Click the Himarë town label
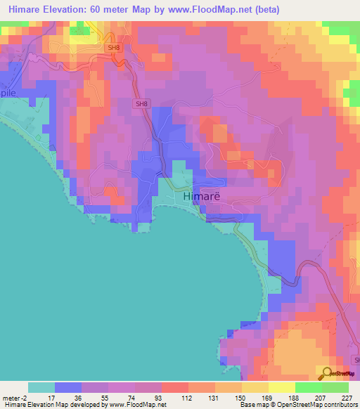pyautogui.click(x=202, y=197)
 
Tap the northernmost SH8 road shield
pyautogui.click(x=114, y=47)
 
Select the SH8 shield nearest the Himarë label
pyautogui.click(x=141, y=104)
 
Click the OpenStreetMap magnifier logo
pyautogui.click(x=328, y=372)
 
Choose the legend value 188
pyautogui.click(x=295, y=397)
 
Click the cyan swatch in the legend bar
pyautogui.click(x=41, y=387)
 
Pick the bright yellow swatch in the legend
pyautogui.click(x=281, y=387)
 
